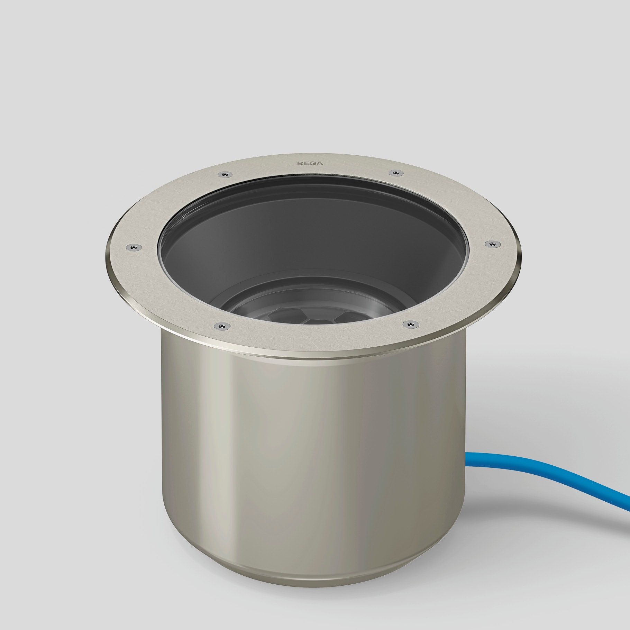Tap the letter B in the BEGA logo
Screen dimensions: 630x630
point(301,163)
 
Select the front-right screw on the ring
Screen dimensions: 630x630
point(410,324)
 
